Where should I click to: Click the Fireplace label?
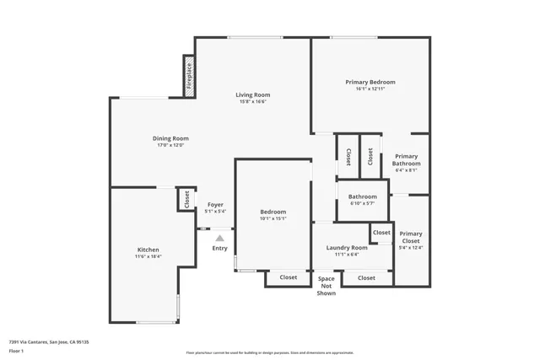[x=189, y=74]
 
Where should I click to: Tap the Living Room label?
[x=252, y=94]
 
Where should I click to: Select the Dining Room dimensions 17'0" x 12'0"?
[x=170, y=145]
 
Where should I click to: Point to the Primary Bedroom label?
[x=370, y=82]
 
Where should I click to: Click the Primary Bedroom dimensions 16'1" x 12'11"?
[x=370, y=89]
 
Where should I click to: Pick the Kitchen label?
[x=148, y=249]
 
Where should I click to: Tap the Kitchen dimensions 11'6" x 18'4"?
[x=148, y=256]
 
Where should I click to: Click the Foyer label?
[x=215, y=205]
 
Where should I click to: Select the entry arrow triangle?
[x=219, y=239]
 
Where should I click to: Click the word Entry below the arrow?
[x=219, y=248]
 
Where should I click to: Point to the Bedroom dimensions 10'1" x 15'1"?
[x=273, y=219]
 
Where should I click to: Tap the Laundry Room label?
[x=347, y=247]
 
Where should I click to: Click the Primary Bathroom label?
[x=406, y=159]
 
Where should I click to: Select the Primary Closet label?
[x=411, y=237]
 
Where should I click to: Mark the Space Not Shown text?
[x=327, y=286]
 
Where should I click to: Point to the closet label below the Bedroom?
[x=289, y=277]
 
